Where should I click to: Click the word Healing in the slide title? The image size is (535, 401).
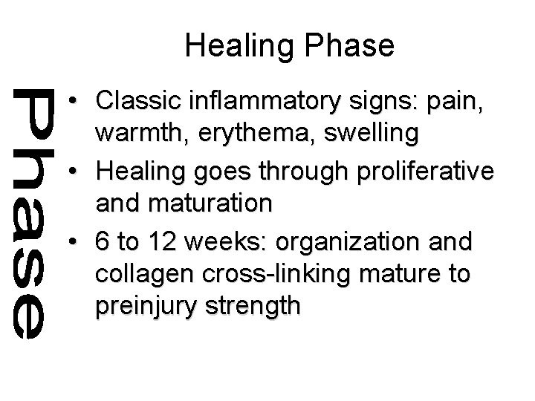(232, 46)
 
